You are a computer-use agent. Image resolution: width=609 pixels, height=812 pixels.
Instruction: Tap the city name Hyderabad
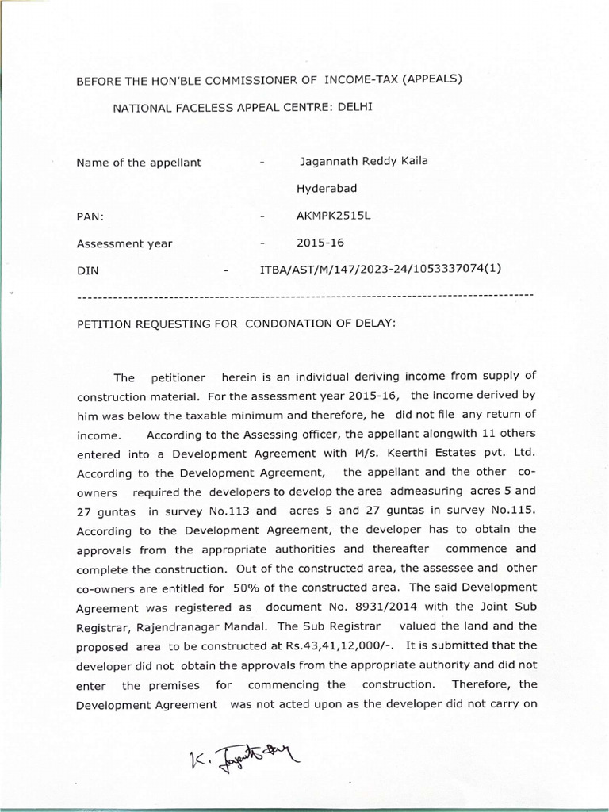327,189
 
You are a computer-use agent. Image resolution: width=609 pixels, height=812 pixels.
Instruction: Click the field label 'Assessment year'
124,243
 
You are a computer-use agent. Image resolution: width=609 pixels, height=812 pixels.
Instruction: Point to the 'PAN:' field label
90,216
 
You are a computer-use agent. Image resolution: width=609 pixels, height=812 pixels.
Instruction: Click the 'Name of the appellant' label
139,163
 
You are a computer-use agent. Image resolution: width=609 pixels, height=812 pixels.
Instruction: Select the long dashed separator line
304,297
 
